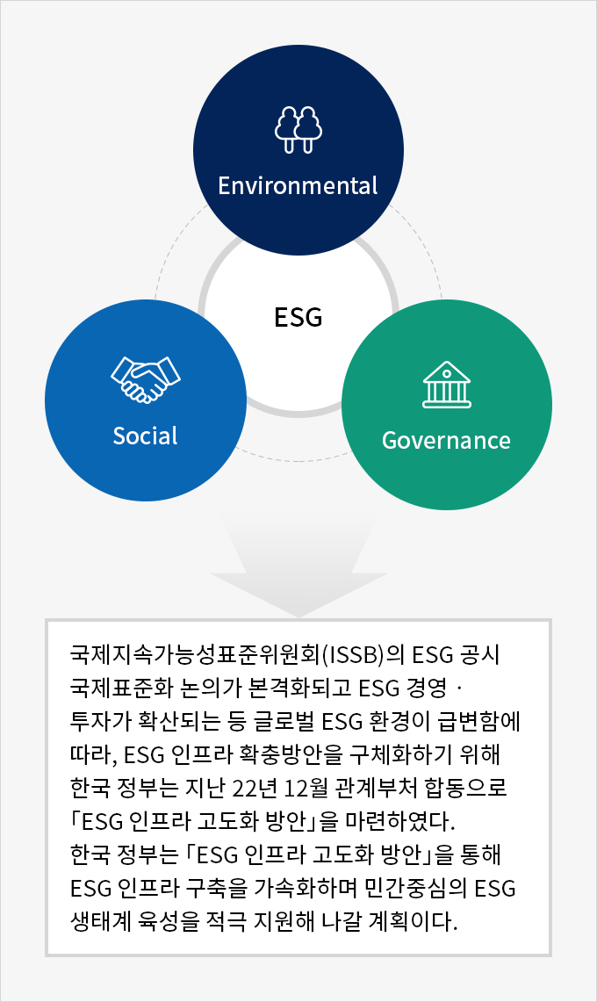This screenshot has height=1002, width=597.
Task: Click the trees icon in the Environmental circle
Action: [x=298, y=130]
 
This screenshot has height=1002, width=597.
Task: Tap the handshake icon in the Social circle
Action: [x=146, y=379]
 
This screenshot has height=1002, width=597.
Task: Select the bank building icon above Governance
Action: [x=447, y=385]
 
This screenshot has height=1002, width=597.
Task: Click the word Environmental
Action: [x=298, y=185]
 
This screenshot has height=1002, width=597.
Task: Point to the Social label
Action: [x=145, y=436]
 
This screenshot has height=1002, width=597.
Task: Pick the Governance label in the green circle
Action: [x=446, y=440]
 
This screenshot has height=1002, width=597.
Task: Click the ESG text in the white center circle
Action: [x=298, y=317]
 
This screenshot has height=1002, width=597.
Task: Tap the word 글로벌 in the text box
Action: [x=285, y=721]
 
